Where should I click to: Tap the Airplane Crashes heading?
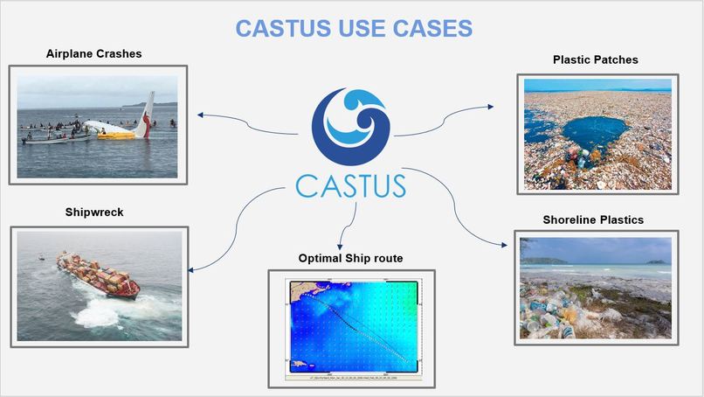(93, 54)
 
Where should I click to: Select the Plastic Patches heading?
(596, 60)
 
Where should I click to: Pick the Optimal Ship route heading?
(350, 259)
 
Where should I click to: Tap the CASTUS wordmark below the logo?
(351, 185)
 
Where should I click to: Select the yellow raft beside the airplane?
(117, 135)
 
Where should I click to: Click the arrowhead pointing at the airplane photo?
(201, 114)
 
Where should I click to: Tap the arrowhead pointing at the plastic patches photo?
(491, 107)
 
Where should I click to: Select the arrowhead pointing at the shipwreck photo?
(191, 269)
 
